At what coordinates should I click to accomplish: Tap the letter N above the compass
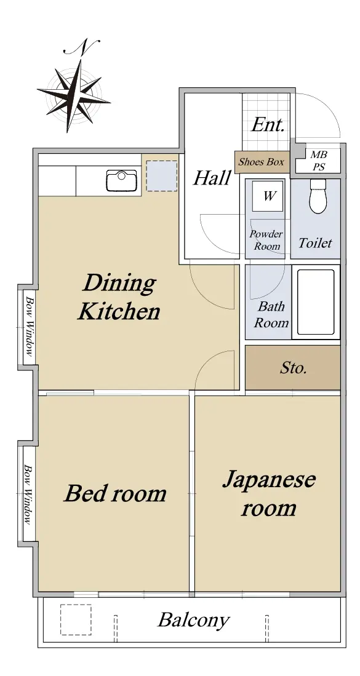click(82, 47)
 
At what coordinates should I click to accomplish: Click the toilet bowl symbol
click(319, 197)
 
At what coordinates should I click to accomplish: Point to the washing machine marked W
click(268, 196)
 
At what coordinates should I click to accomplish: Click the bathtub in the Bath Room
click(316, 302)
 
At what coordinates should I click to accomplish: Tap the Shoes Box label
click(262, 162)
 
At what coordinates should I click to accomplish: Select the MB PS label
click(319, 161)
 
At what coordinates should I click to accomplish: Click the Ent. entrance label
click(268, 125)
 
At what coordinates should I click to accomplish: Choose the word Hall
click(212, 178)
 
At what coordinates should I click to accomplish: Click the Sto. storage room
click(293, 368)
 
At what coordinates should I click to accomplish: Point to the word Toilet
click(315, 243)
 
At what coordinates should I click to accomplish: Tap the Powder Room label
click(266, 240)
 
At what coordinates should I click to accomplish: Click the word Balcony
click(194, 621)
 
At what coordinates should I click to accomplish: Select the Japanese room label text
click(269, 494)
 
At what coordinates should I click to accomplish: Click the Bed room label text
click(115, 494)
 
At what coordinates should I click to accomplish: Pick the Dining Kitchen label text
click(119, 298)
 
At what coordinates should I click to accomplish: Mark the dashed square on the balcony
click(76, 619)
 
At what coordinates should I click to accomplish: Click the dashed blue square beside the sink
click(162, 176)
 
